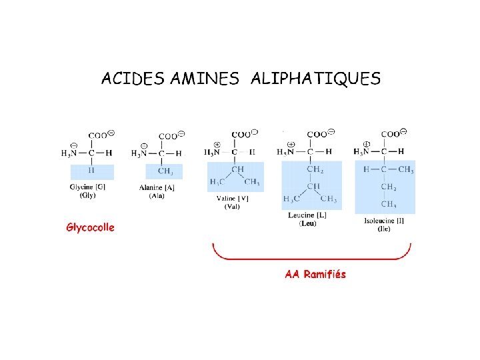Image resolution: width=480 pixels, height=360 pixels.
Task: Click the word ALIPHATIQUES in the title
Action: pyautogui.click(x=315, y=79)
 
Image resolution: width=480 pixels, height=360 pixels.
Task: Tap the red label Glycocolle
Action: pyautogui.click(x=90, y=227)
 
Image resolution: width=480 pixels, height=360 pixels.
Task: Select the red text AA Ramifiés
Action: pyautogui.click(x=315, y=274)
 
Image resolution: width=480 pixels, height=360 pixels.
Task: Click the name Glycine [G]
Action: pyautogui.click(x=87, y=187)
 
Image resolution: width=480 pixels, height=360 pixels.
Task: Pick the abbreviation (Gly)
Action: pyautogui.click(x=87, y=195)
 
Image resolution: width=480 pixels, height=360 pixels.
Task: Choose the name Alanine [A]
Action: pyautogui.click(x=157, y=187)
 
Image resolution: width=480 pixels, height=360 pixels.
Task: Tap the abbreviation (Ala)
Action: pyautogui.click(x=157, y=196)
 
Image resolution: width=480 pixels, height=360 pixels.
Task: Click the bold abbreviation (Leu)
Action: pyautogui.click(x=307, y=223)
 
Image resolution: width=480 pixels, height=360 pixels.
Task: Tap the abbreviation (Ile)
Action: pyautogui.click(x=384, y=229)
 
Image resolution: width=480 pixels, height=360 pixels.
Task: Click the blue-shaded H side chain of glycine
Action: pyautogui.click(x=91, y=170)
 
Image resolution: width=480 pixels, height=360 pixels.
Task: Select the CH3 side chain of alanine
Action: pyautogui.click(x=164, y=171)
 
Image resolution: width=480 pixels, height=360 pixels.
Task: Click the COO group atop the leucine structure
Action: pyautogui.click(x=318, y=134)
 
